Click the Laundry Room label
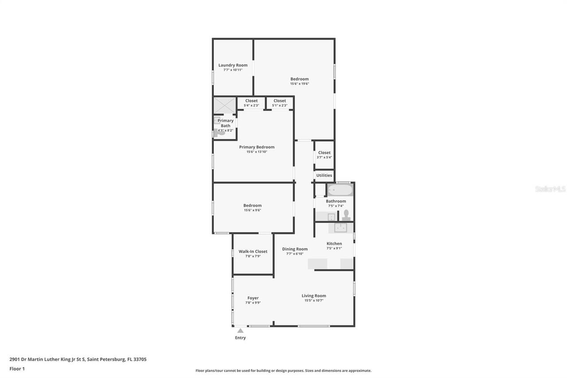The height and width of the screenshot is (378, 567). coord(233,65)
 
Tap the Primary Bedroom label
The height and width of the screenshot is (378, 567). coord(256,147)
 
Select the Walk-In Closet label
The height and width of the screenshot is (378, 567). coord(253,251)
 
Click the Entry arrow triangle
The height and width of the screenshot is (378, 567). coord(240,331)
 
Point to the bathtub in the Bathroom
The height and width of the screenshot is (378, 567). coord(340,191)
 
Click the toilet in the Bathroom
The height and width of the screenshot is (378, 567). coord(346,215)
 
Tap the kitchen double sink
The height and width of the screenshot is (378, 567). coord(340,228)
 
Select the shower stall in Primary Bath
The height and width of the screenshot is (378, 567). coord(225,105)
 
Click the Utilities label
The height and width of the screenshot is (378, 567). coord(324,175)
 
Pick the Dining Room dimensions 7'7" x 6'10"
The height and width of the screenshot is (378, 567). coord(295,254)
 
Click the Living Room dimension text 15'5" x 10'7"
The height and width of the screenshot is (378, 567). coord(314,300)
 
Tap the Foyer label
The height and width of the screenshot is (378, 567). coord(253,298)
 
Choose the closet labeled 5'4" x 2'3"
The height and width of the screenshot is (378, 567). coord(251,103)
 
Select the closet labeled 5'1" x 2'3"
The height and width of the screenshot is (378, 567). coord(280,103)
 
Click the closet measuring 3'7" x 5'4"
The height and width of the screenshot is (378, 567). coord(324,155)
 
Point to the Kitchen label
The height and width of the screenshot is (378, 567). coord(334,243)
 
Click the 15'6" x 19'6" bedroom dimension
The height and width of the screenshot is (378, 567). coord(299,84)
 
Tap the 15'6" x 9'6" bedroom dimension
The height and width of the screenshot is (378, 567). coord(252,210)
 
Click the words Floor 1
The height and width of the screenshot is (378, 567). coord(17,369)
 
